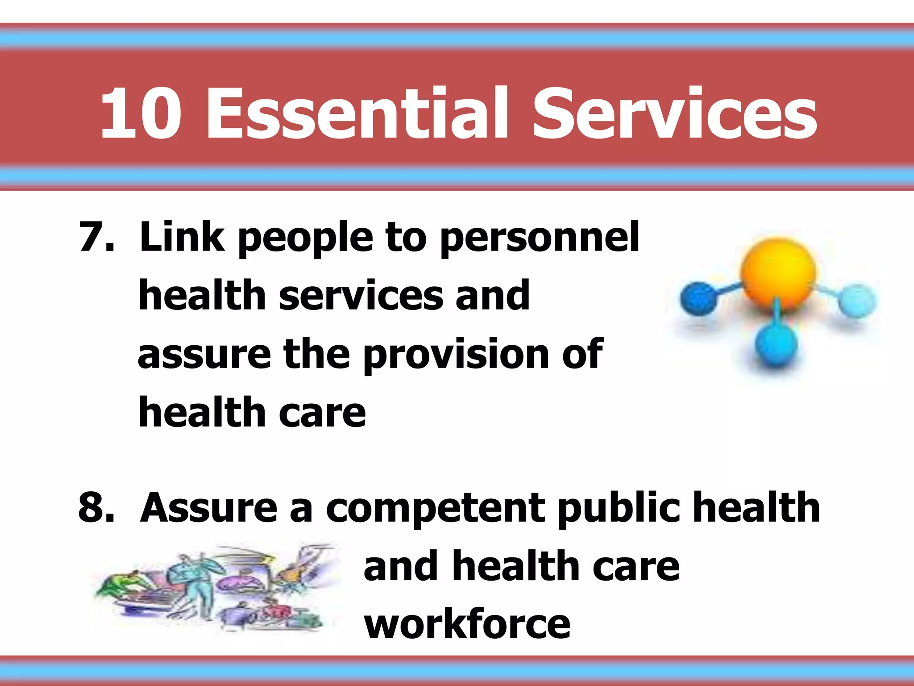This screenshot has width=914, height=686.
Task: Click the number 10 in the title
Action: [x=141, y=113]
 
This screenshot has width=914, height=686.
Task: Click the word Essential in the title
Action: [x=357, y=113]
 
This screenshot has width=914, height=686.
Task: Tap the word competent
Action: [x=435, y=509]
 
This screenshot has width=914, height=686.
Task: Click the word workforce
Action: [x=467, y=624]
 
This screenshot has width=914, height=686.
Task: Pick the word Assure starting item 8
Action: [x=208, y=508]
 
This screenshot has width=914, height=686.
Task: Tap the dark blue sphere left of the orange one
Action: [x=698, y=298]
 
